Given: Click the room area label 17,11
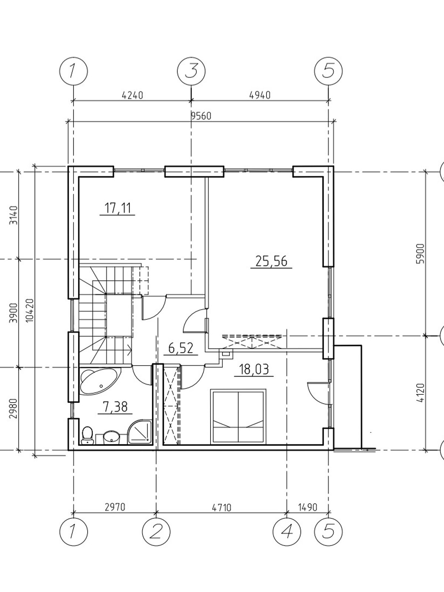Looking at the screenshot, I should [x=117, y=208].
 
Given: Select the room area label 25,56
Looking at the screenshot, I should [x=271, y=261].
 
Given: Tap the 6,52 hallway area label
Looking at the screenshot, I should [x=178, y=348].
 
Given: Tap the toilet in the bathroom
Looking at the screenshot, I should [x=87, y=434].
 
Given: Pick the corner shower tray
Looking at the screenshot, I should [x=140, y=431].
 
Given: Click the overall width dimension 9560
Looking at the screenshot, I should [x=201, y=116].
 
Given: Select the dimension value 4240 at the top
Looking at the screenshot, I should [x=132, y=95].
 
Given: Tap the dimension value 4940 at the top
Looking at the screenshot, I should [x=260, y=95].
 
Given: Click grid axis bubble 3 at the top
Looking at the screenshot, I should [x=191, y=70].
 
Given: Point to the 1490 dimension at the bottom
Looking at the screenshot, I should [x=307, y=507].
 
